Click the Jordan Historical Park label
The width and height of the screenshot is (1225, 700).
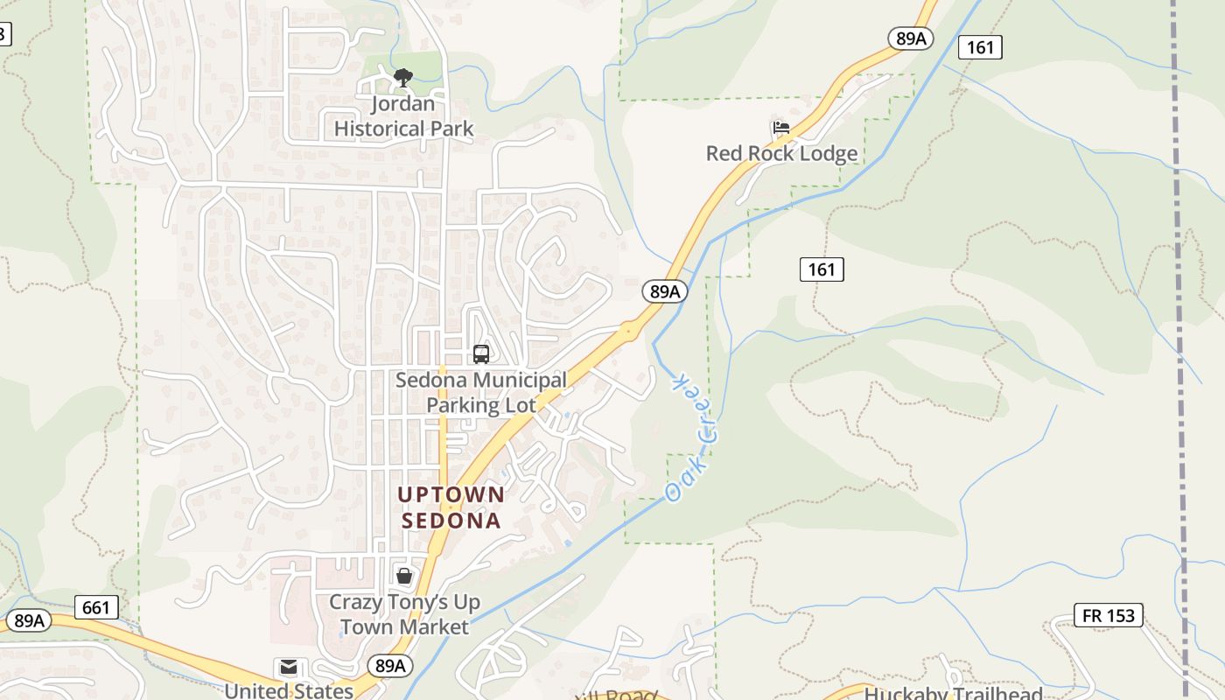403,116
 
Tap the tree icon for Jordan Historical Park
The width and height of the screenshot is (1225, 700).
402,79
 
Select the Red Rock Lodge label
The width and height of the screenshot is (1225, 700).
781,153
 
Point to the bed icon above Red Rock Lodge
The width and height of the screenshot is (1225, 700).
781,128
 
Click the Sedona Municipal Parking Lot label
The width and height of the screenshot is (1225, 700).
480,393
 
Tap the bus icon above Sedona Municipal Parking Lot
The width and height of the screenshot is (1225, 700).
480,353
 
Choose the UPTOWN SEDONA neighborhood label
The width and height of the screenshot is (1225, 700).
451,507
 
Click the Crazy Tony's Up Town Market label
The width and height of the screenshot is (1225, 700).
404,614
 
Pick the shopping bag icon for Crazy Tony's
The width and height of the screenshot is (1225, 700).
404,576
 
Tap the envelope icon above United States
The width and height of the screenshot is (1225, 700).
289,668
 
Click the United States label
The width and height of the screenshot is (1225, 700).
289,690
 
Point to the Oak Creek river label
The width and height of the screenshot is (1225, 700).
693,437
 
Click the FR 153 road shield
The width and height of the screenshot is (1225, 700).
1109,615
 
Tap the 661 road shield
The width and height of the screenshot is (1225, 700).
96,606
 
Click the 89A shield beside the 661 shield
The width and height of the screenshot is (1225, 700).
29,620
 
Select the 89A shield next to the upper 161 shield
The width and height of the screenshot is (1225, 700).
911,38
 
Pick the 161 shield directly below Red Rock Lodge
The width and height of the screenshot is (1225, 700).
822,269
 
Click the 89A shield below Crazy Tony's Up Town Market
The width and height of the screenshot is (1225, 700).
389,666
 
